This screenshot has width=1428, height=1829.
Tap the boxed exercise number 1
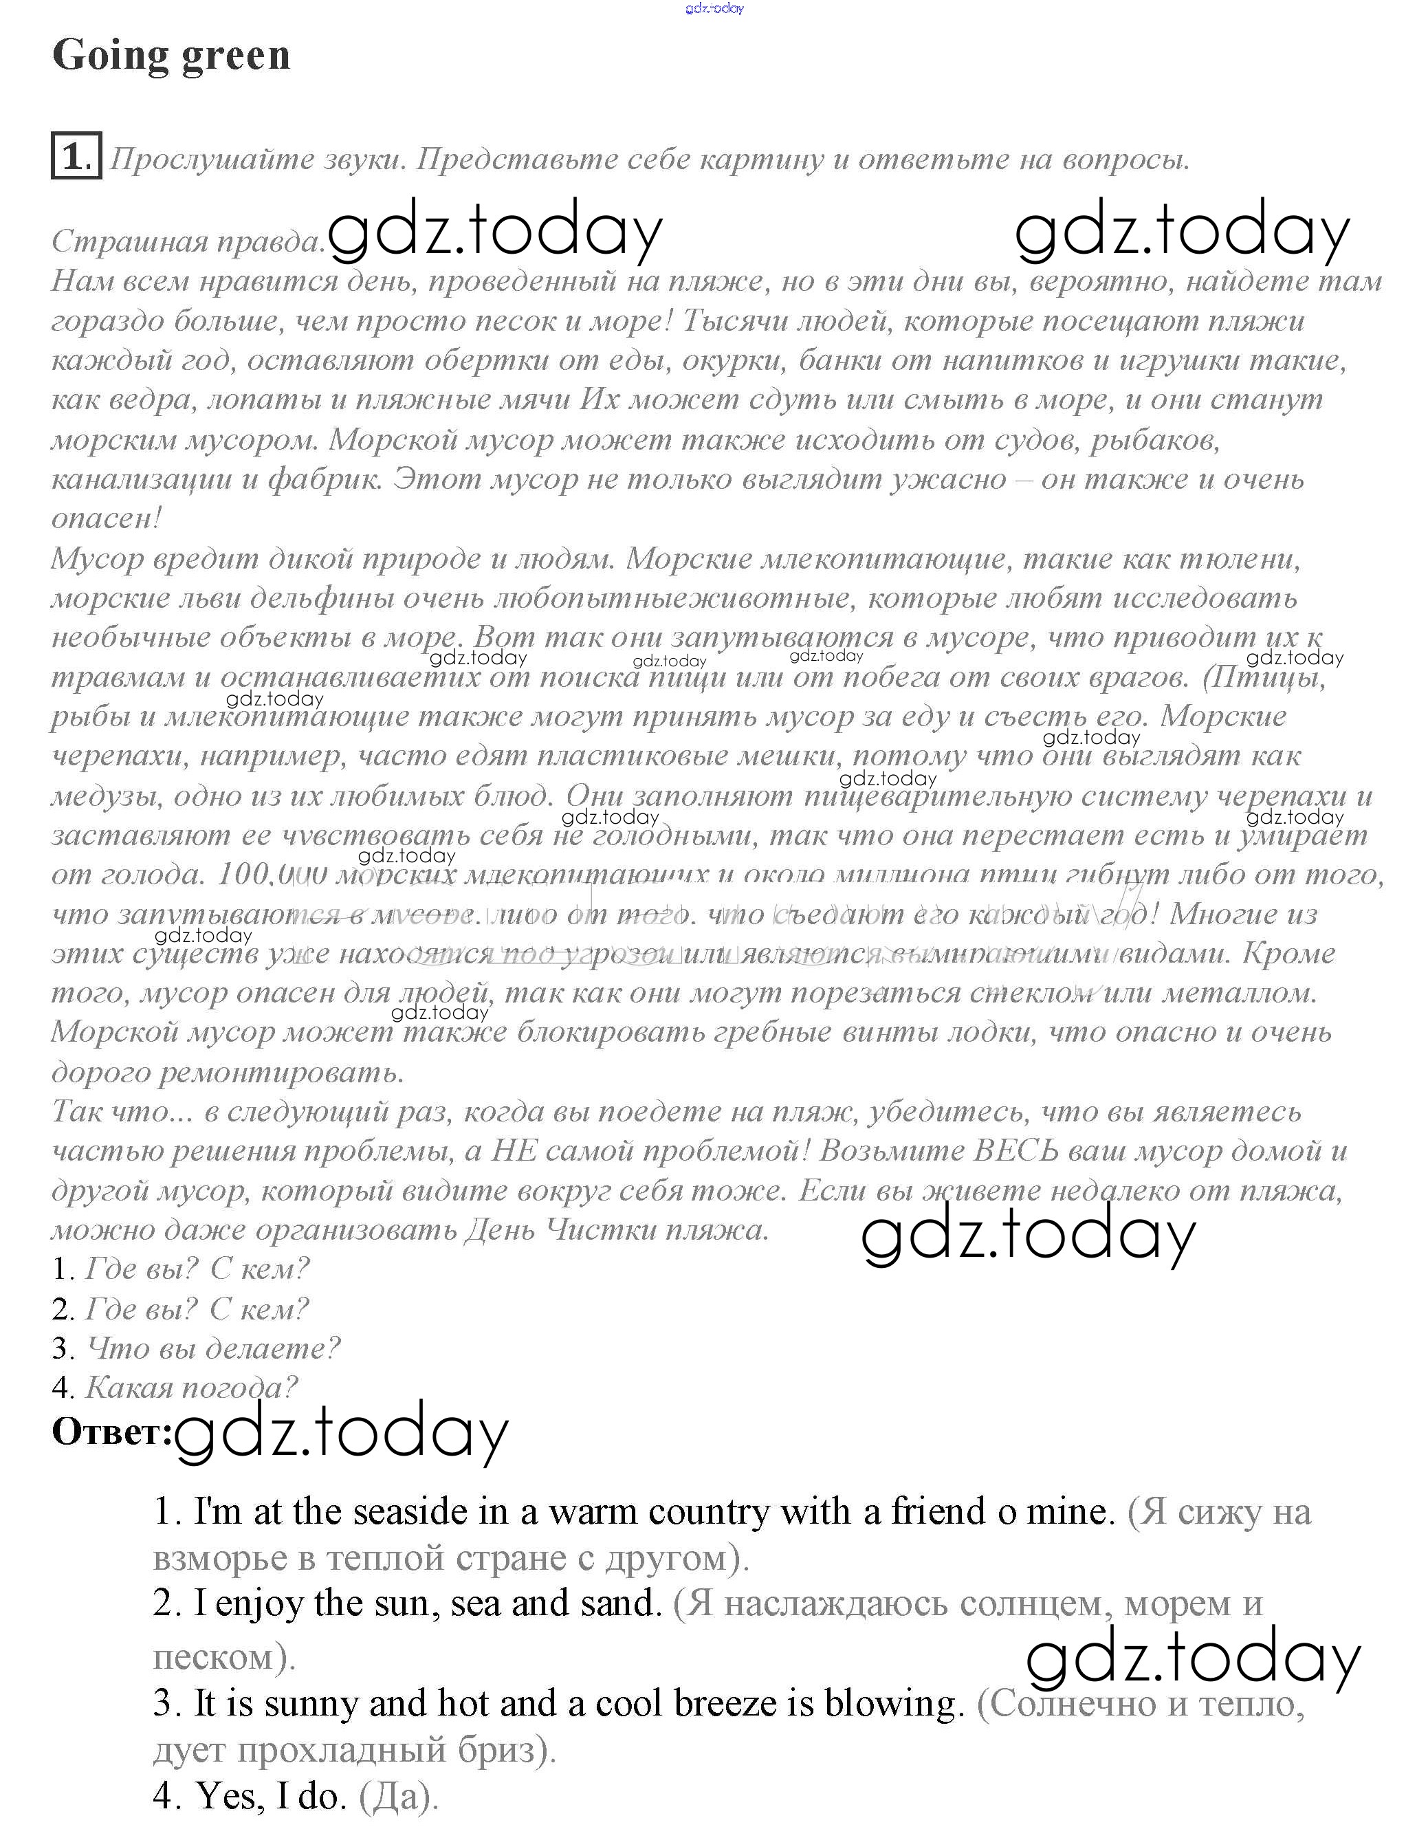[x=76, y=156]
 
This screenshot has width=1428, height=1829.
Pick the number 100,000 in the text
[x=272, y=875]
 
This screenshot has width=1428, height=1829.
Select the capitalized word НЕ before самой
[x=514, y=1150]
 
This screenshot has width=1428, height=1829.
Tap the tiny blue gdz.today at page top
[x=714, y=8]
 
